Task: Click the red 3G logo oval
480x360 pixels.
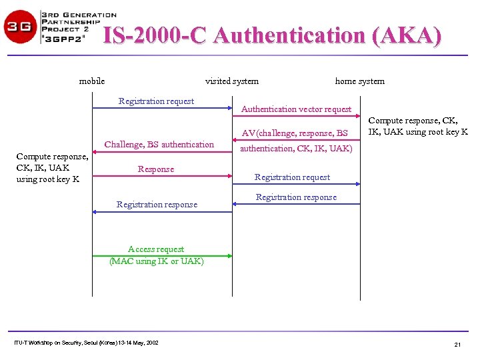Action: click(21, 27)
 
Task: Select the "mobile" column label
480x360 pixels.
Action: click(92, 81)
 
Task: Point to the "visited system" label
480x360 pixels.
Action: click(232, 81)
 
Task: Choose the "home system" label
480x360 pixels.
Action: click(359, 81)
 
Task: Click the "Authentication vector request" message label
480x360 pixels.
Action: click(296, 109)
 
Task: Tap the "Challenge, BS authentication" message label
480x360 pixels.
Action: click(159, 144)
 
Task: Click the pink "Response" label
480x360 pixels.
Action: click(156, 169)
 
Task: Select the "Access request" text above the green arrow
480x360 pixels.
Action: click(156, 249)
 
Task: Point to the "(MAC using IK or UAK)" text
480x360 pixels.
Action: click(157, 261)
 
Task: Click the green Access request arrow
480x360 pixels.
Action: click(162, 255)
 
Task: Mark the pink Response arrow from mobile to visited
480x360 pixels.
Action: click(162, 176)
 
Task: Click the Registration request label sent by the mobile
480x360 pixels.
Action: click(156, 101)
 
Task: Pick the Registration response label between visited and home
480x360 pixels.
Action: click(296, 197)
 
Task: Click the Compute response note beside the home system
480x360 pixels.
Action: click(418, 126)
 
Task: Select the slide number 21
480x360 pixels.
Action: click(457, 344)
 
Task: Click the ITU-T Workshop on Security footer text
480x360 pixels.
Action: click(86, 343)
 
